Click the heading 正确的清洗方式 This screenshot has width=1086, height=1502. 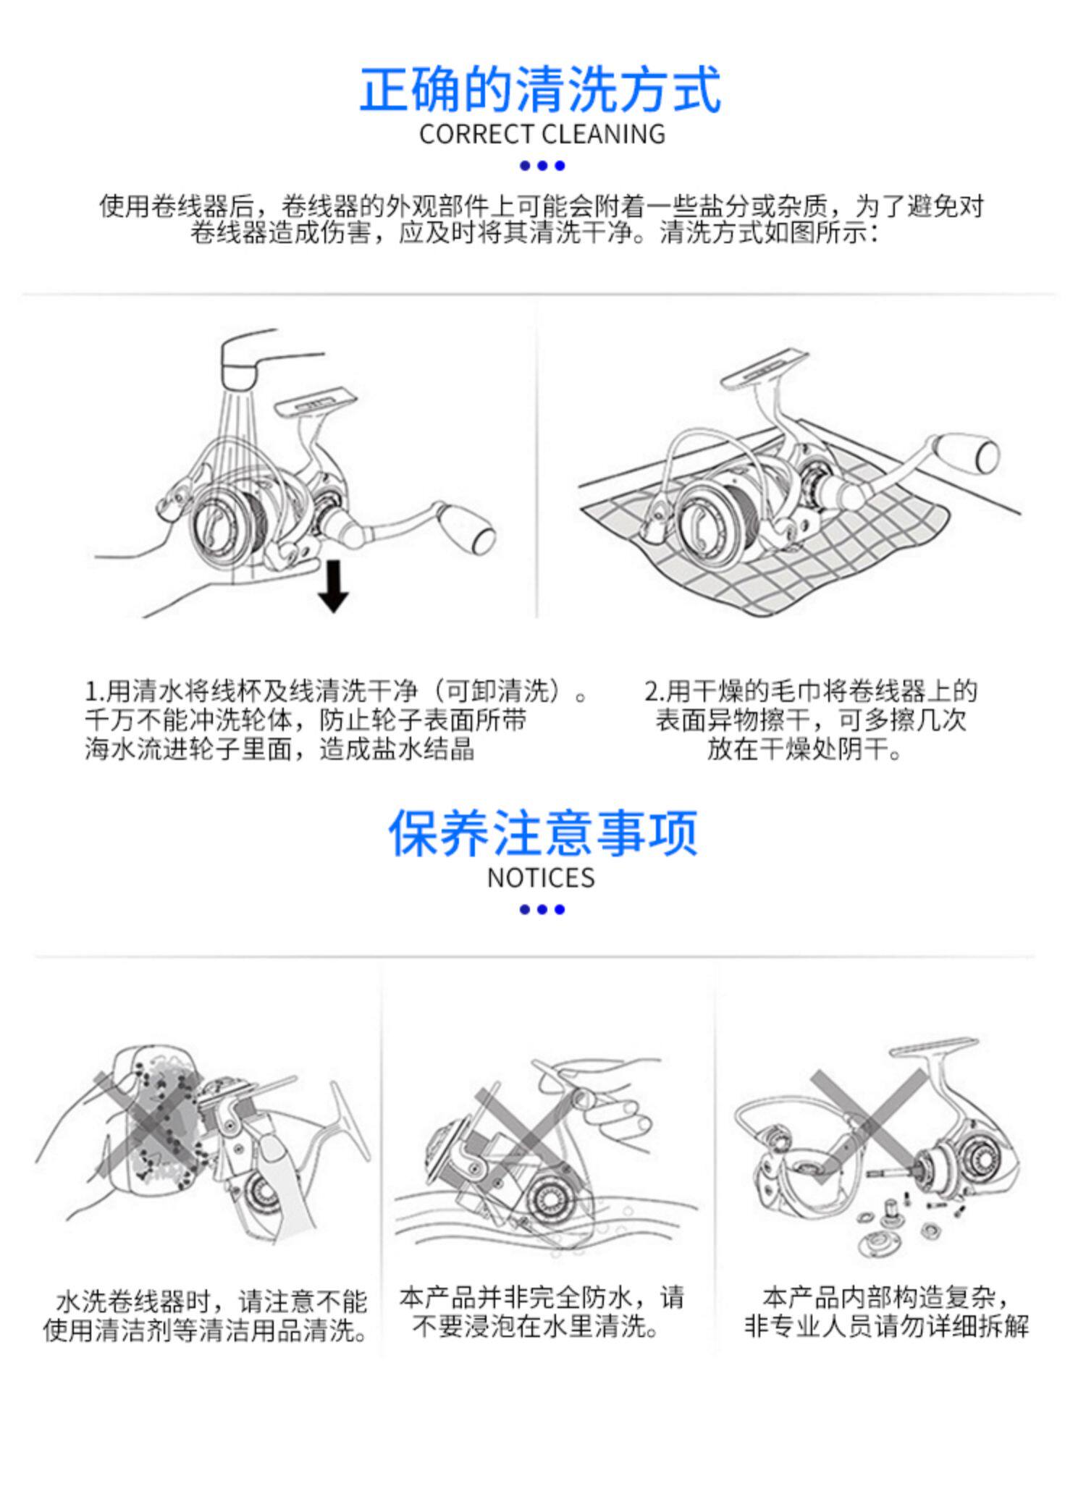[x=541, y=89]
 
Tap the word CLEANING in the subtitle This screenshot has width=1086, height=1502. [x=603, y=135]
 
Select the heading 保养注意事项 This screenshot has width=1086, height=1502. [x=542, y=833]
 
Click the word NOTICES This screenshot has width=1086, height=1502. [x=541, y=878]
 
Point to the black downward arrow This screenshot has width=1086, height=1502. [x=333, y=586]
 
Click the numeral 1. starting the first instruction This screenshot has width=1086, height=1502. [x=94, y=692]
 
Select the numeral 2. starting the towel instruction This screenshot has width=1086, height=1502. [x=654, y=692]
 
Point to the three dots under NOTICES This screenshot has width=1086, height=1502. [x=542, y=909]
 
